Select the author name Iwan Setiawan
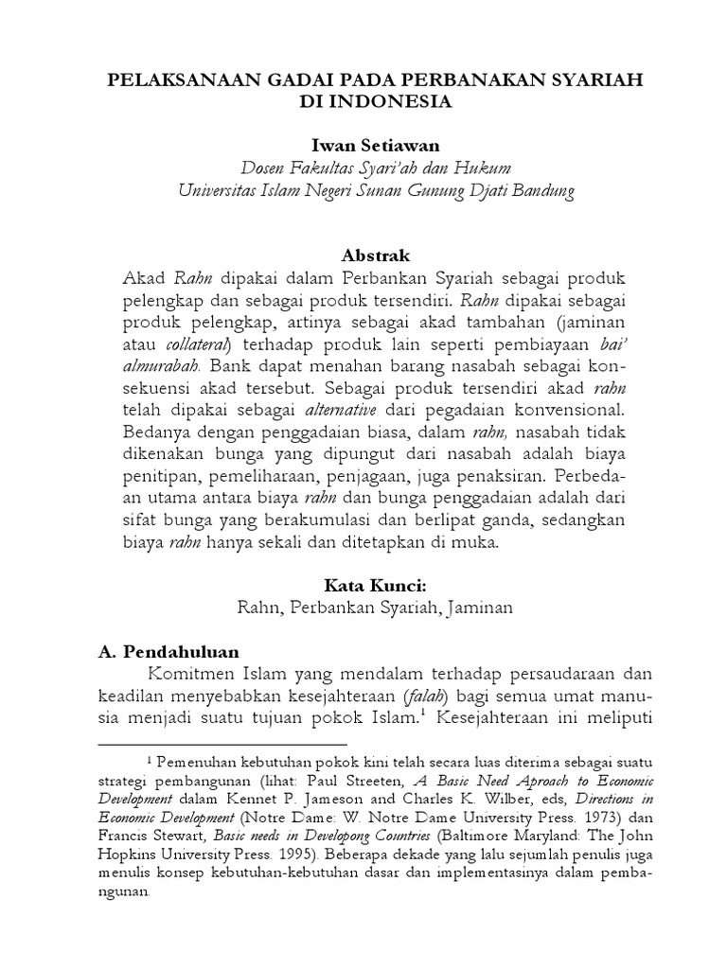pos(363,145)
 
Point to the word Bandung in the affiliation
pos(541,189)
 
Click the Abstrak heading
pos(363,255)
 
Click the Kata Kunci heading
pos(363,586)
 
